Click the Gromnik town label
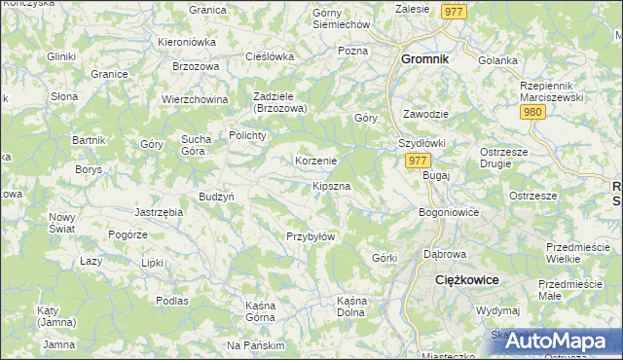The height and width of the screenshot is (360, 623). [425, 58]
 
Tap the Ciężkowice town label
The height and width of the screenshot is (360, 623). [465, 279]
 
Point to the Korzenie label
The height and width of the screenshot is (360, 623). [315, 161]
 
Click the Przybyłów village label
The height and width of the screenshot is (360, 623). [311, 236]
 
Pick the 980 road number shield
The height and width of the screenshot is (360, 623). [531, 113]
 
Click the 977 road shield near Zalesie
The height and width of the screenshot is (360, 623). [453, 11]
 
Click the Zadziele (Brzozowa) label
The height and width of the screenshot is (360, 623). [279, 103]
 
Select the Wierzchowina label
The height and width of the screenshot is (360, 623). [195, 99]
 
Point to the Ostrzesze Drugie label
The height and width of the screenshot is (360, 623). [503, 158]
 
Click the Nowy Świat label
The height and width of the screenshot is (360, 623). [62, 223]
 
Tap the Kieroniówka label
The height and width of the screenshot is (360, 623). [187, 43]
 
